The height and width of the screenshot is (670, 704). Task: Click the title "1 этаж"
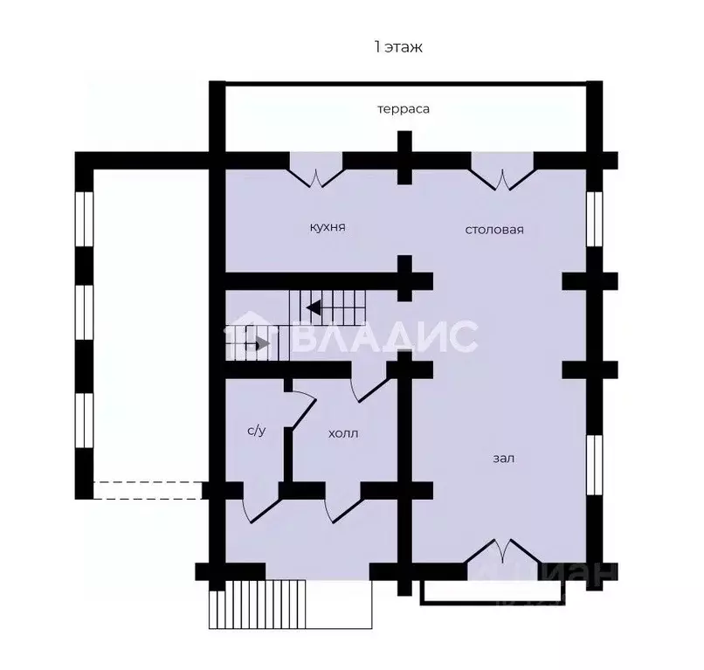pos(398,46)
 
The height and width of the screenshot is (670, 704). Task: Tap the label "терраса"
pos(404,109)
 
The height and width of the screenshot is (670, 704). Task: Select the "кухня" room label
pos(328,227)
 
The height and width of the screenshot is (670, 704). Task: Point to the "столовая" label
pos(494,230)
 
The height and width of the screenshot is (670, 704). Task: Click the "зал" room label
pos(504,459)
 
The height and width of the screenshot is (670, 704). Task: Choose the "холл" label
pos(343,434)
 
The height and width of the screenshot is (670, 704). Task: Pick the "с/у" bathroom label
pos(257,431)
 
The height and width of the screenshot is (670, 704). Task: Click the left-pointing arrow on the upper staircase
pos(313,308)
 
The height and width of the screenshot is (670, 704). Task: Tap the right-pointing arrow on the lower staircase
pos(262,344)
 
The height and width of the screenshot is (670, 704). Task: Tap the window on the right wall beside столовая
pos(595,218)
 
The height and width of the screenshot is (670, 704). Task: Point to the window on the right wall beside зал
pos(595,465)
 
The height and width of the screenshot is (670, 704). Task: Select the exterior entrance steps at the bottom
pos(258,604)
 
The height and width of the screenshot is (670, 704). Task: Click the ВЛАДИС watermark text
pos(385,337)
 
